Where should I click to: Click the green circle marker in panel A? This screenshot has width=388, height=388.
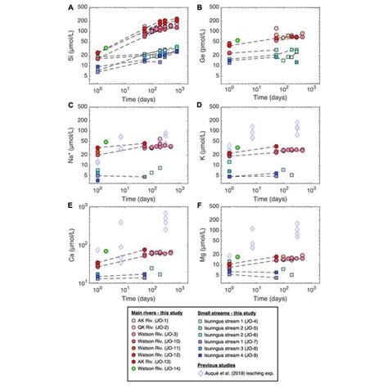click(106, 48)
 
